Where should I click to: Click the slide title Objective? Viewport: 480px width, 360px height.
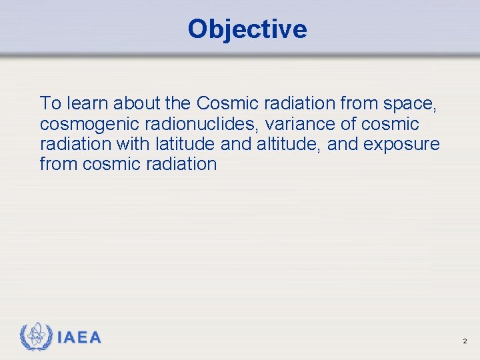pos(247,29)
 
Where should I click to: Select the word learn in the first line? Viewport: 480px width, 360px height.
pos(85,103)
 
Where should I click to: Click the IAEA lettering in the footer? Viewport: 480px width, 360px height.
pos(79,338)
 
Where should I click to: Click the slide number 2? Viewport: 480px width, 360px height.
pos(465,341)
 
